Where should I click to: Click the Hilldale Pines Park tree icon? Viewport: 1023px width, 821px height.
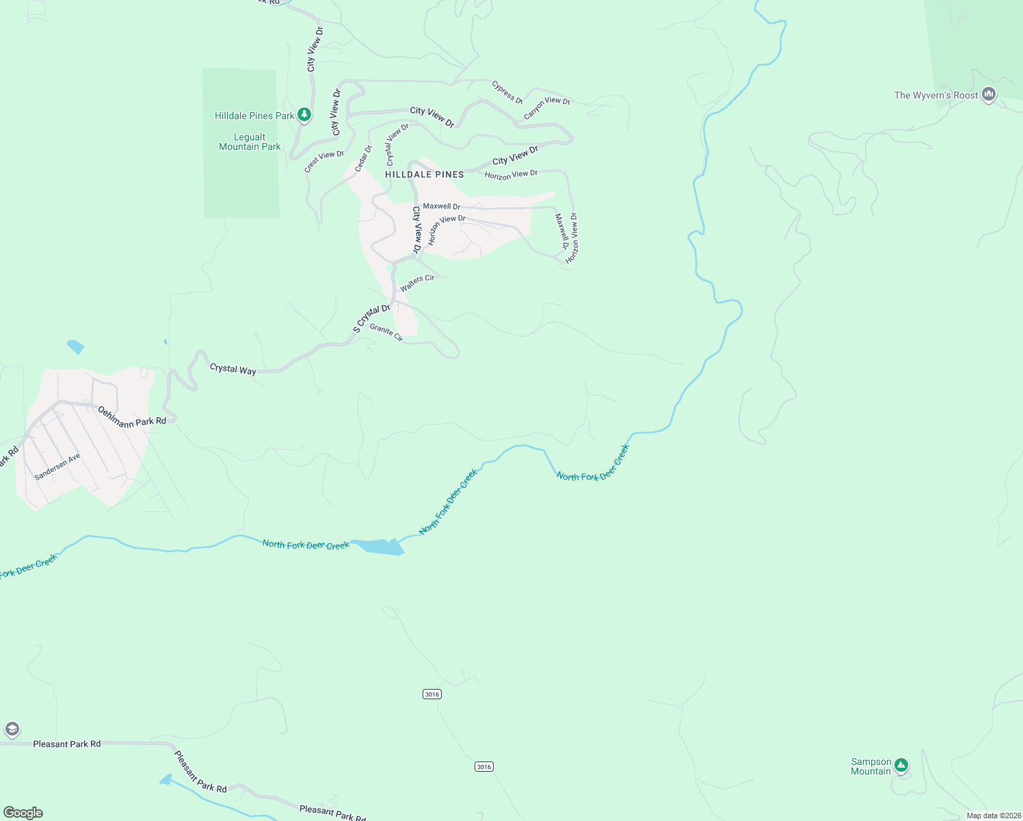pyautogui.click(x=304, y=115)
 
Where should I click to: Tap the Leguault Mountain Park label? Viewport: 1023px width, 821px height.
pyautogui.click(x=250, y=142)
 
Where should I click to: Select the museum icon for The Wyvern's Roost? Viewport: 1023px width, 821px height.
pyautogui.click(x=988, y=94)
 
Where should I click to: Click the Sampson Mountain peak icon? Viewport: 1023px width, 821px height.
pyautogui.click(x=901, y=765)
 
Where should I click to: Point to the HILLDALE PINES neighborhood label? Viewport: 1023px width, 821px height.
pyautogui.click(x=425, y=174)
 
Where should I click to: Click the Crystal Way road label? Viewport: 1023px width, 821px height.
pyautogui.click(x=232, y=369)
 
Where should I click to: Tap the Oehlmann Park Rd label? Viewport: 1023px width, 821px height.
pyautogui.click(x=132, y=417)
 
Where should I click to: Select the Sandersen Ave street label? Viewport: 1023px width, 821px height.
pyautogui.click(x=57, y=467)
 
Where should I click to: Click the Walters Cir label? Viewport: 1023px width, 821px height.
pyautogui.click(x=417, y=283)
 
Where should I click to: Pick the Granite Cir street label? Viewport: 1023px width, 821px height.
pyautogui.click(x=386, y=332)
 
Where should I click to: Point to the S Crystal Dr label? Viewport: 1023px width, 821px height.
pyautogui.click(x=371, y=318)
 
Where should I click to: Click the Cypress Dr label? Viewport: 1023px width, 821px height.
pyautogui.click(x=507, y=92)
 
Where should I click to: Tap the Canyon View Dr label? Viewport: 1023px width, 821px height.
pyautogui.click(x=546, y=107)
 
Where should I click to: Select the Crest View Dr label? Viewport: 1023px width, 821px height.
pyautogui.click(x=324, y=161)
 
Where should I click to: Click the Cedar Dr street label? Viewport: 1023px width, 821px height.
pyautogui.click(x=363, y=159)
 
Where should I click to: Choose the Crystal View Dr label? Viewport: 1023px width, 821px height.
pyautogui.click(x=397, y=144)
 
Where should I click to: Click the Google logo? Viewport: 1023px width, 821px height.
pyautogui.click(x=23, y=813)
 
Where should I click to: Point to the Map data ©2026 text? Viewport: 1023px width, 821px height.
pyautogui.click(x=992, y=816)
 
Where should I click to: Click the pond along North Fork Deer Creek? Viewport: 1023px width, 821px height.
pyautogui.click(x=380, y=547)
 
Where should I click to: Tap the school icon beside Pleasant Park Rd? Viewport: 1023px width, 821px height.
pyautogui.click(x=12, y=729)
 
